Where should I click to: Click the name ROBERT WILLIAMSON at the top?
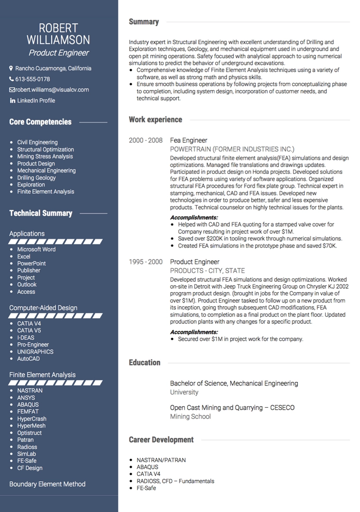pyautogui.click(x=58, y=33)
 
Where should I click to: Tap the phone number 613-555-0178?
pyautogui.click(x=32, y=79)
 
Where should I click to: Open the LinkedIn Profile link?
pyautogui.click(x=36, y=101)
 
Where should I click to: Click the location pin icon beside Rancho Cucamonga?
pyautogui.click(x=11, y=68)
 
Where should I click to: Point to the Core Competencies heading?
pyautogui.click(x=40, y=122)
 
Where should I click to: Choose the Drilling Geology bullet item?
pyautogui.click(x=36, y=178)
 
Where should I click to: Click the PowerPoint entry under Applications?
pyautogui.click(x=32, y=264)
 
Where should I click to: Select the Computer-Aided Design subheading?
pyautogui.click(x=43, y=308)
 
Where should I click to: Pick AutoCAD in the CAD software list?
pyautogui.click(x=28, y=359)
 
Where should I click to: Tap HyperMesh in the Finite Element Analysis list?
pyautogui.click(x=31, y=426)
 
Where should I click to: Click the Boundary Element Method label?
pyautogui.click(x=47, y=484)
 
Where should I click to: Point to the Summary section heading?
pyautogui.click(x=144, y=22)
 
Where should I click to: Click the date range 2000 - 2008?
pyautogui.click(x=145, y=140)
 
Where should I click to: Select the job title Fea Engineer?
pyautogui.click(x=189, y=140)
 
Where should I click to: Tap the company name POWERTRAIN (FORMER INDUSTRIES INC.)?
pyautogui.click(x=232, y=149)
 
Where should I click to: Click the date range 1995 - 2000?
pyautogui.click(x=145, y=262)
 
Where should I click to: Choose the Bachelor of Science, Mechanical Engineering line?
pyautogui.click(x=234, y=384)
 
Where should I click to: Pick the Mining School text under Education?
pyautogui.click(x=190, y=417)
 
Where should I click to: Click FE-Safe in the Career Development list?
pyautogui.click(x=146, y=488)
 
